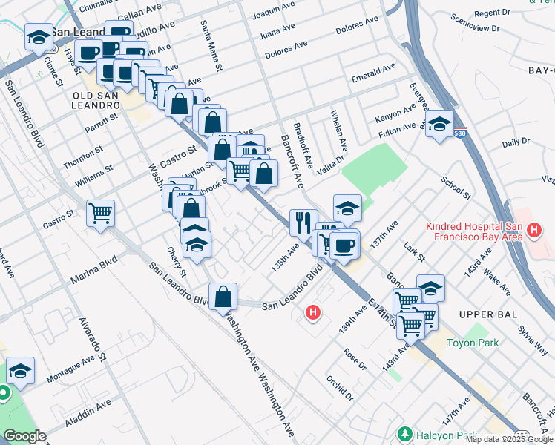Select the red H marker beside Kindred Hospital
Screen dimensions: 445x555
tap(534, 233)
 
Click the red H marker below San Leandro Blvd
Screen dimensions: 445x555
tap(313, 313)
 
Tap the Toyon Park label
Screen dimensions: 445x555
tap(476, 343)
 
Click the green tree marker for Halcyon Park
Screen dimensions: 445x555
tap(404, 433)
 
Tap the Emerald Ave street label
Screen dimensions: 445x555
tap(373, 70)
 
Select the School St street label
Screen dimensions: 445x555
tap(456, 188)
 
